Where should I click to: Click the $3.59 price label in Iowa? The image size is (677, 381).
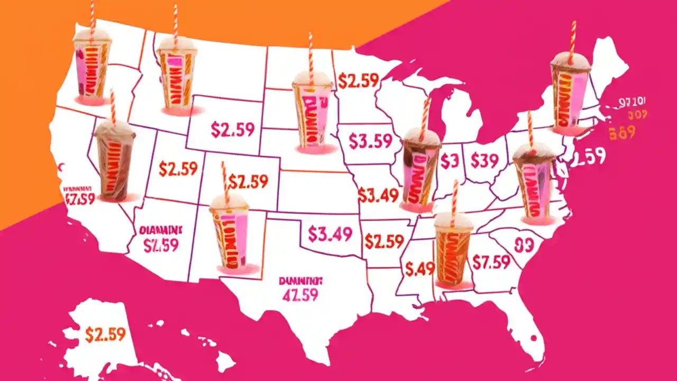371,141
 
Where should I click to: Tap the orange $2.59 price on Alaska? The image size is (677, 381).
105,334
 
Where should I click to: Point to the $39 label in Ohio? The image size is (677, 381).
484,160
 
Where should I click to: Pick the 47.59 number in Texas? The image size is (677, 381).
300,295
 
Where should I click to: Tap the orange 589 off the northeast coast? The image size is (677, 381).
622,132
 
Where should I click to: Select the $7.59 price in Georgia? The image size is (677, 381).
491,262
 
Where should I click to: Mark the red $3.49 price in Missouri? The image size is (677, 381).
378,195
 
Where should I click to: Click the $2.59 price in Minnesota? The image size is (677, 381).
358,80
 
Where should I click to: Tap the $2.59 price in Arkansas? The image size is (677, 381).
384,241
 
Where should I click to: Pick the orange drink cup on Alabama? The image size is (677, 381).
453,249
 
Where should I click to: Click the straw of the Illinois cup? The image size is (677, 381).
424,113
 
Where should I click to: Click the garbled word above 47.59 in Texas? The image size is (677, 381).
300,281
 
